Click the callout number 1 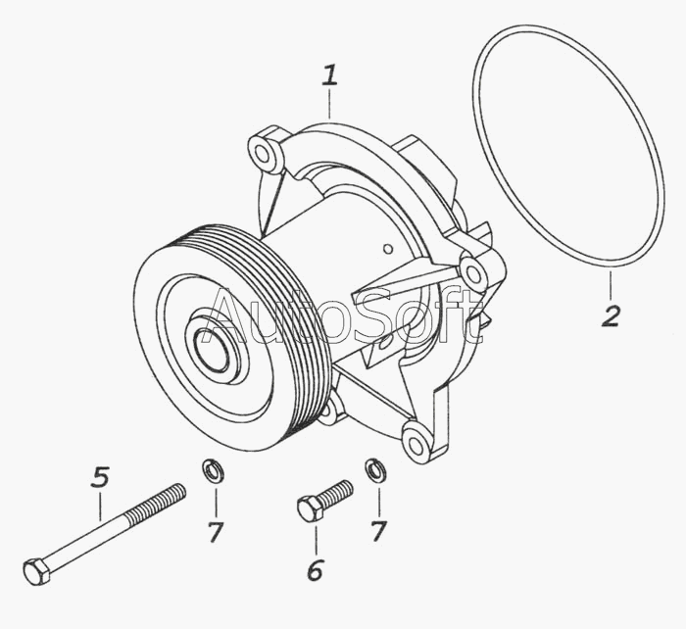(330, 75)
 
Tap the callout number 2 (611, 315)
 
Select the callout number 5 (100, 478)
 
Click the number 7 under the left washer (216, 532)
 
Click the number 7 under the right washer (378, 532)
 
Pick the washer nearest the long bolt (211, 470)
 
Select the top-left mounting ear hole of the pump (262, 152)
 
